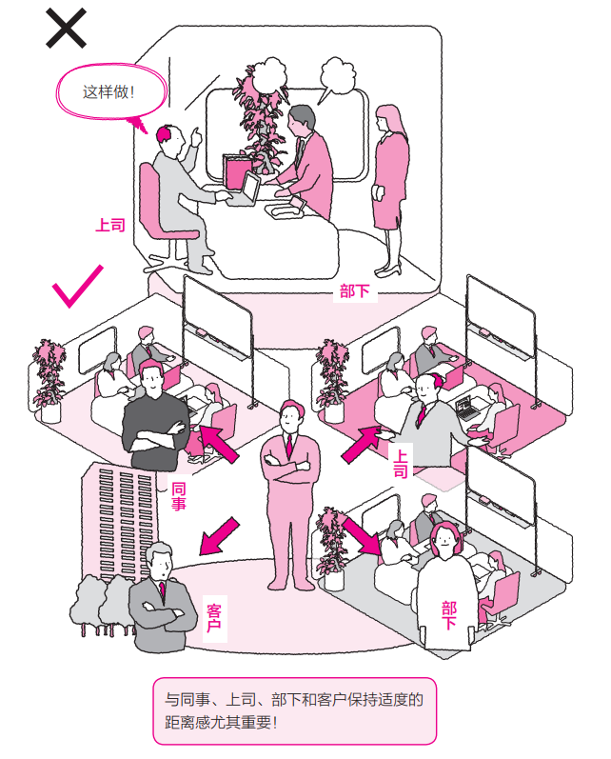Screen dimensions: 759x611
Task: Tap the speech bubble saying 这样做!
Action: [108, 93]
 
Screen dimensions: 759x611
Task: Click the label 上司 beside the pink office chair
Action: [109, 226]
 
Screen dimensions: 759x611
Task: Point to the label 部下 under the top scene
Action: [354, 290]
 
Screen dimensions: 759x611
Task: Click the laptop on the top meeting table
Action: [246, 188]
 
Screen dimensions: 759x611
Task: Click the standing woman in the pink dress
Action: [390, 171]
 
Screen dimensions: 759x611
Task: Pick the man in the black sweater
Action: [153, 419]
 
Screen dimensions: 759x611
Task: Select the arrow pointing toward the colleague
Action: [216, 443]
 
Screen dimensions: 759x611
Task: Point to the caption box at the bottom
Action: [294, 710]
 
